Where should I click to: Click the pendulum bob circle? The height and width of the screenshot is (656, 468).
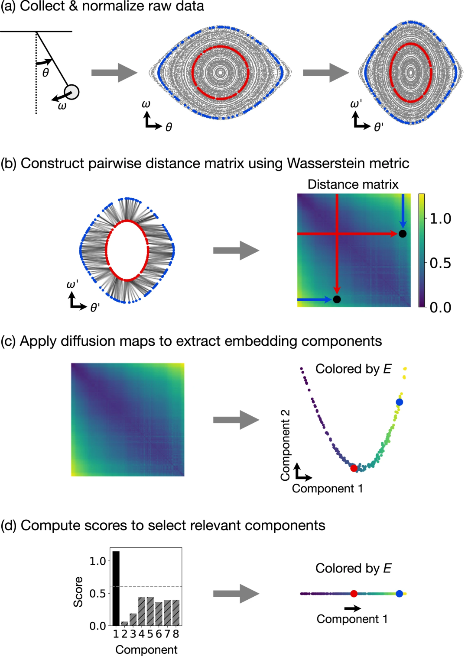[x=72, y=92]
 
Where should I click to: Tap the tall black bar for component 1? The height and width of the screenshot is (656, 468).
[x=116, y=588]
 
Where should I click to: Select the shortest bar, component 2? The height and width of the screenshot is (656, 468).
[x=124, y=624]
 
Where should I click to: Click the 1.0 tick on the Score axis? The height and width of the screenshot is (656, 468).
[x=97, y=561]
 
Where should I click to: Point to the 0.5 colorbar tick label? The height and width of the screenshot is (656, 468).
[x=440, y=263]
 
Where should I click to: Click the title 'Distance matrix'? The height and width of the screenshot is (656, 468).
[x=353, y=184]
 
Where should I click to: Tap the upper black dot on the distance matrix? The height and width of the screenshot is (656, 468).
[x=403, y=234]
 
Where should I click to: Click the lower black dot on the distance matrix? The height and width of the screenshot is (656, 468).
[x=337, y=299]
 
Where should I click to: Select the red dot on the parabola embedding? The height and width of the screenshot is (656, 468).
[x=354, y=468]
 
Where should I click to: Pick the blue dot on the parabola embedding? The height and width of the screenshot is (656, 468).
[x=399, y=402]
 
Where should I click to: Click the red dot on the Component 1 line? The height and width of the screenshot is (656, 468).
[x=354, y=594]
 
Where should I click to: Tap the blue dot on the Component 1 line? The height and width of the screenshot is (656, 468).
[x=399, y=594]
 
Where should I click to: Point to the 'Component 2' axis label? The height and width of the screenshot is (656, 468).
[x=285, y=445]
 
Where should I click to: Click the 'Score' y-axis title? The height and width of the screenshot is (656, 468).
[x=78, y=592]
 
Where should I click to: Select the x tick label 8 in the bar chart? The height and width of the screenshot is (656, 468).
[x=175, y=634]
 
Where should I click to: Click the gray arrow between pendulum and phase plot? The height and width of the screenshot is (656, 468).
[x=114, y=72]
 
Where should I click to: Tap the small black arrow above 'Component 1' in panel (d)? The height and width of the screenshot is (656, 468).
[x=352, y=608]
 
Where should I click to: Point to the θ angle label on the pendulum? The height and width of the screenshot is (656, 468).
[x=45, y=72]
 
